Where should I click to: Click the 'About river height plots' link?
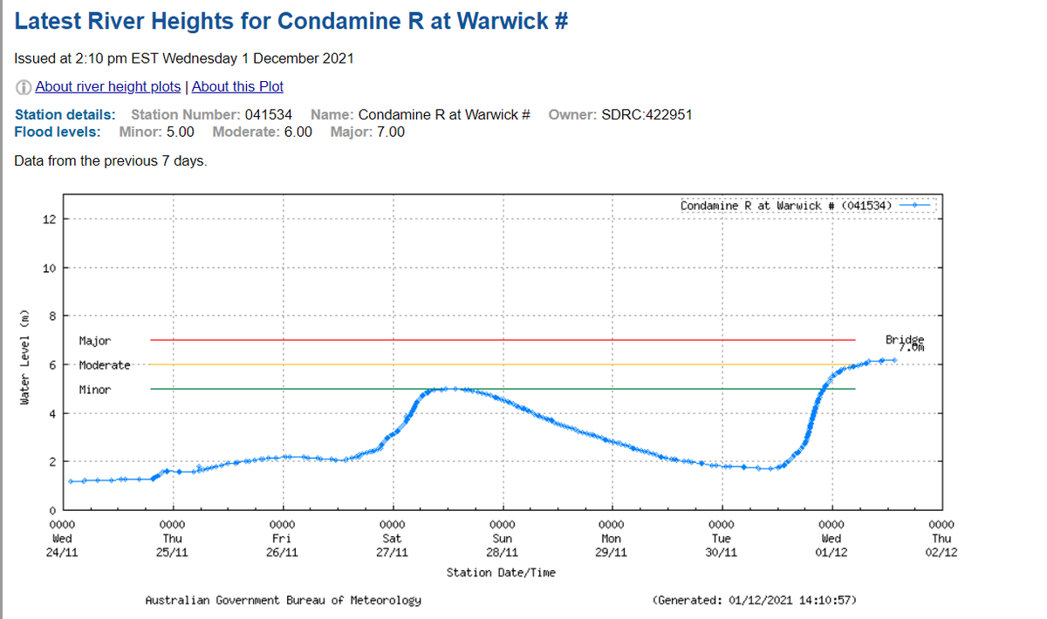click(108, 86)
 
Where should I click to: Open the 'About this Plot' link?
click(237, 86)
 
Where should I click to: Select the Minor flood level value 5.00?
click(180, 132)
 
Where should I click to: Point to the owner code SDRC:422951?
click(647, 114)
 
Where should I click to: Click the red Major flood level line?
click(503, 340)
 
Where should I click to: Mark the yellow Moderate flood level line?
click(503, 364)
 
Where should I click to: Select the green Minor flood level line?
click(503, 389)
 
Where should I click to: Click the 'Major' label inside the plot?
click(94, 340)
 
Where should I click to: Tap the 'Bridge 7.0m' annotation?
click(903, 342)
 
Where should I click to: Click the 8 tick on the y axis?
click(51, 316)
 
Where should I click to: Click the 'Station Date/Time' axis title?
click(501, 573)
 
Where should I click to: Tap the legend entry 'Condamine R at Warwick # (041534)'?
click(785, 205)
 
